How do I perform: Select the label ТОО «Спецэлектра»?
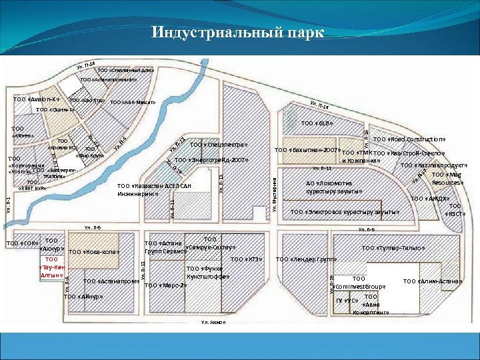point(218,145)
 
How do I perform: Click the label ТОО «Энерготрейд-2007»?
point(211,160)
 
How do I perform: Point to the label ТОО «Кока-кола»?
point(93,252)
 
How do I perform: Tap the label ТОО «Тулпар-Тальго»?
point(393,248)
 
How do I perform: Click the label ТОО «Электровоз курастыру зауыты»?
point(345,212)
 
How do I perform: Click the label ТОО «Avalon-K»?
point(35,100)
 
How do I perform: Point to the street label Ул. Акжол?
point(214,323)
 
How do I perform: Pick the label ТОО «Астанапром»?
point(111,281)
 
